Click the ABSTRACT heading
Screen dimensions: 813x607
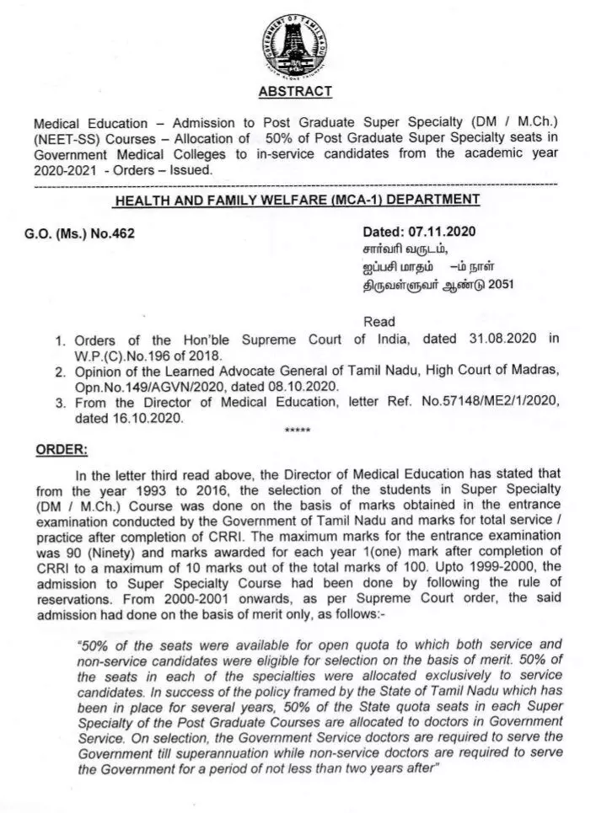295,91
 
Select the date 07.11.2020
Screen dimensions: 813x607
454,233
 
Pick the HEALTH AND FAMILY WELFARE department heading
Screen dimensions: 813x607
297,201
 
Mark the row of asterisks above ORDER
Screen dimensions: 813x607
298,431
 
